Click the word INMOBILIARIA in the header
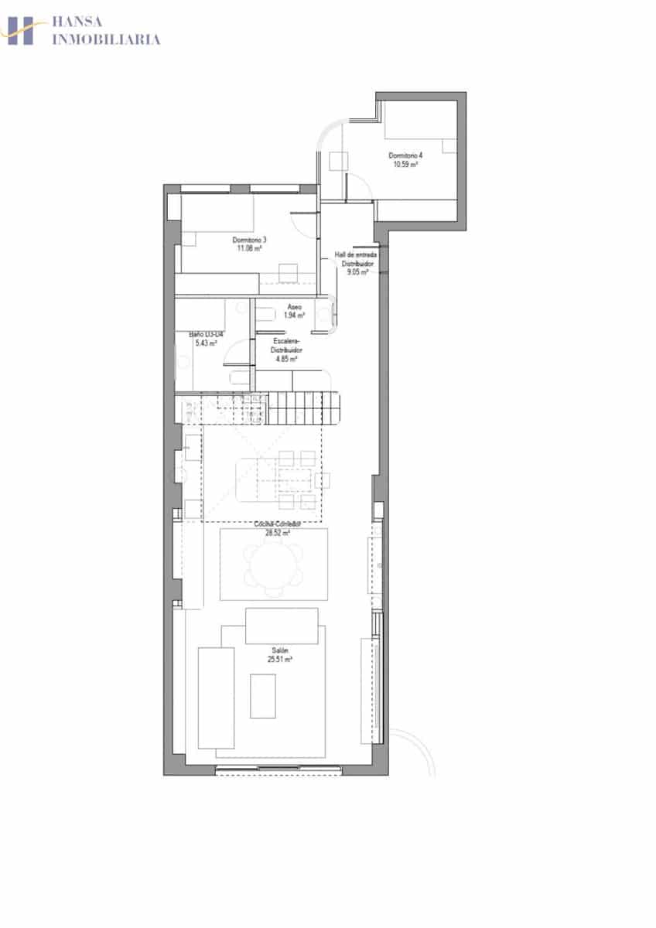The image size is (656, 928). (106, 39)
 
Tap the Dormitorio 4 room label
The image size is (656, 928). (405, 155)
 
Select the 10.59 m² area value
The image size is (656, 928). (405, 164)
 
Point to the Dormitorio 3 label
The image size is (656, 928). (249, 240)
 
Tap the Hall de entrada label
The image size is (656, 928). (355, 255)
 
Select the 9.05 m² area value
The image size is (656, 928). (357, 272)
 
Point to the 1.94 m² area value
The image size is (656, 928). (294, 315)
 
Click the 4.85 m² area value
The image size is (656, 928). (286, 358)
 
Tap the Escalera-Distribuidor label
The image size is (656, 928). (286, 345)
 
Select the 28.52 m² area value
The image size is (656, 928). (278, 533)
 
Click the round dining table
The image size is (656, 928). (273, 564)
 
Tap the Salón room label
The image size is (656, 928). (279, 650)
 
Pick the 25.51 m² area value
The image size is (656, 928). (279, 660)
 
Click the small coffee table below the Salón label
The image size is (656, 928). (262, 695)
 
